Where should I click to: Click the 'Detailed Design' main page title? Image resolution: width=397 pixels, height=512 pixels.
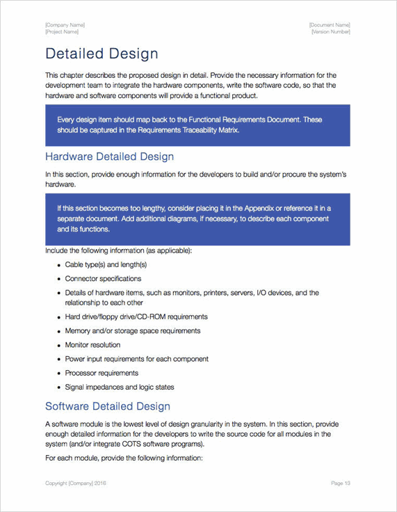pyautogui.click(x=102, y=54)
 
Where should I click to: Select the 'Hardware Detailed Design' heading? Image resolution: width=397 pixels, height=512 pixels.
pyautogui.click(x=109, y=157)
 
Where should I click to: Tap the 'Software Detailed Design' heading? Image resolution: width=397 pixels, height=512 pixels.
pyautogui.click(x=107, y=406)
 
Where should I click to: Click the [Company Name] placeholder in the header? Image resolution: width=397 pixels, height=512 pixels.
pyautogui.click(x=65, y=25)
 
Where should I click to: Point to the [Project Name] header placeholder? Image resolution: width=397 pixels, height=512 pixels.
pyautogui.click(x=62, y=32)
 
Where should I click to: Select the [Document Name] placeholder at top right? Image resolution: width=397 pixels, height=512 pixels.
pyautogui.click(x=330, y=25)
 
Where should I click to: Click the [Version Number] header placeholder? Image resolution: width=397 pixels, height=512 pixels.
pyautogui.click(x=331, y=32)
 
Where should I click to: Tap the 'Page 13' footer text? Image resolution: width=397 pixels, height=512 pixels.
pyautogui.click(x=341, y=483)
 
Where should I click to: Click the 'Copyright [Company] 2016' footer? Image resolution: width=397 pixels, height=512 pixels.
pyautogui.click(x=76, y=483)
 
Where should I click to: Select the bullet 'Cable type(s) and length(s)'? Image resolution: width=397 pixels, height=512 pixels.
pyautogui.click(x=106, y=264)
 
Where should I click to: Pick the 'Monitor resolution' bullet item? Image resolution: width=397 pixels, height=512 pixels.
pyautogui.click(x=92, y=345)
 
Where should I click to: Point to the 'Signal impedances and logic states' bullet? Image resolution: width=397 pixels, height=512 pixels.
pyautogui.click(x=120, y=387)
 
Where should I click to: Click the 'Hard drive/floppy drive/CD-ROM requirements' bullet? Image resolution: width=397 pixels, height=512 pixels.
pyautogui.click(x=136, y=317)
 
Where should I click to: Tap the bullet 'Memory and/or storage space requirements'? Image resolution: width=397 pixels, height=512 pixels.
pyautogui.click(x=133, y=331)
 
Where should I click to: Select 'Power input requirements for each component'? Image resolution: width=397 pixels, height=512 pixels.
pyautogui.click(x=137, y=359)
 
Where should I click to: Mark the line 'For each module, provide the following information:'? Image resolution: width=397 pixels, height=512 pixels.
pyautogui.click(x=124, y=458)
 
